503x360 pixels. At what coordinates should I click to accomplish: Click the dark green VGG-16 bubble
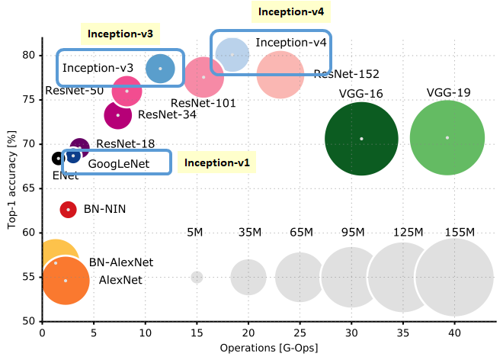pyautogui.click(x=361, y=139)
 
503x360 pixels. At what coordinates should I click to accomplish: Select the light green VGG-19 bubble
pyautogui.click(x=447, y=138)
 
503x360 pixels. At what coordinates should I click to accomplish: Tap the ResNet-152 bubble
pyautogui.click(x=282, y=75)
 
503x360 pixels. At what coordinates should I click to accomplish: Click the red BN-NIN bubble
pyautogui.click(x=68, y=209)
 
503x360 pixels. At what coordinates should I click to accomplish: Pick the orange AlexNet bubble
pyautogui.click(x=66, y=281)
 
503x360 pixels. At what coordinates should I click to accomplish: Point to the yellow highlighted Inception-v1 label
pyautogui.click(x=217, y=162)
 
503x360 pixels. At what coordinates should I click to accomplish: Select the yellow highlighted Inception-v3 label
pyautogui.click(x=120, y=34)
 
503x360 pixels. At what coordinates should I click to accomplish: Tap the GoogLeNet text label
pyautogui.click(x=118, y=163)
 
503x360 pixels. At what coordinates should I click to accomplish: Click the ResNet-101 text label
pyautogui.click(x=203, y=103)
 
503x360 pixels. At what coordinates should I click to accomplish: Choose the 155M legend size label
pyautogui.click(x=460, y=232)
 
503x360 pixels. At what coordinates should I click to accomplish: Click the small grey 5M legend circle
pyautogui.click(x=197, y=278)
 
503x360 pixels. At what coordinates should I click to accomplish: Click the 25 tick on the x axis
pyautogui.click(x=300, y=333)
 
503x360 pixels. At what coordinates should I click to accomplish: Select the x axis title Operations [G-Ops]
pyautogui.click(x=268, y=349)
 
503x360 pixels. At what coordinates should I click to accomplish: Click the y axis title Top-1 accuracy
pyautogui.click(x=12, y=181)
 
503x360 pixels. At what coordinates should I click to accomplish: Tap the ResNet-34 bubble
pyautogui.click(x=117, y=115)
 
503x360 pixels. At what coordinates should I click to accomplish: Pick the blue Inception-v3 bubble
pyautogui.click(x=160, y=69)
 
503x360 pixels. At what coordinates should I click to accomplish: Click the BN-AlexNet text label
pyautogui.click(x=121, y=262)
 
